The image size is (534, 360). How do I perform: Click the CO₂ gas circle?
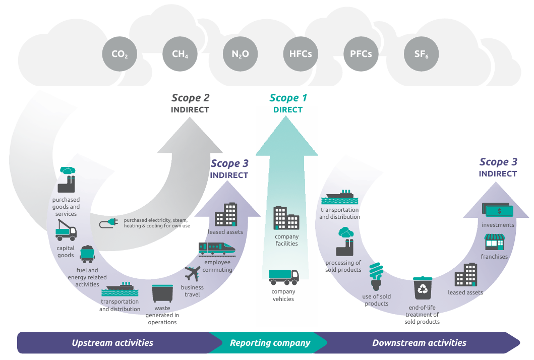120,54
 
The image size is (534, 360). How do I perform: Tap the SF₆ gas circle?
421,54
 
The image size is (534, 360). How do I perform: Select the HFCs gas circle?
301,54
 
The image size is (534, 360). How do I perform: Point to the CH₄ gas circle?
180,54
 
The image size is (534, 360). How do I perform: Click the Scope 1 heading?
288,98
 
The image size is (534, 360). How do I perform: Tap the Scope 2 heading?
191,98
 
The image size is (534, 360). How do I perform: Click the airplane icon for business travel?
193,274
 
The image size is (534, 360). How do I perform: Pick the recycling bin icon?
423,288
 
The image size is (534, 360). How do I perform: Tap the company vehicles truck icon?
284,277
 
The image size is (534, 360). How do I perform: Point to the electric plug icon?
108,223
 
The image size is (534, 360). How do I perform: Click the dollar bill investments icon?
498,210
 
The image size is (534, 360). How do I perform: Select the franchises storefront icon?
495,242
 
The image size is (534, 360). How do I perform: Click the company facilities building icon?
286,218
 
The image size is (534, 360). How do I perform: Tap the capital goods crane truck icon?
66,230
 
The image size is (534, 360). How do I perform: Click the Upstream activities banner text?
112,343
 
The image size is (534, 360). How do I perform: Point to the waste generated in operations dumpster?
162,293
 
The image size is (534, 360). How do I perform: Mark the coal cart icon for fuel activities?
87,254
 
